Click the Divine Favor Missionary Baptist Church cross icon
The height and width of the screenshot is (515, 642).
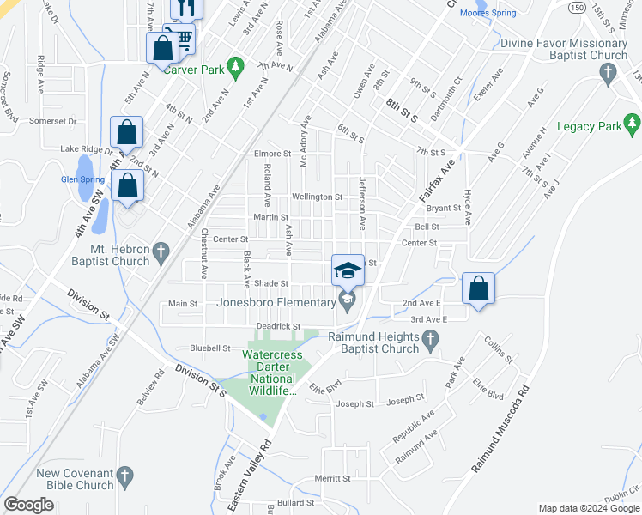click(x=608, y=74)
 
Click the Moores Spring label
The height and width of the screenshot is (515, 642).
click(x=488, y=13)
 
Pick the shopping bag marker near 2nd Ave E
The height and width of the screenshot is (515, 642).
click(x=479, y=288)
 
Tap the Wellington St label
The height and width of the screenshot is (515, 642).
click(x=318, y=197)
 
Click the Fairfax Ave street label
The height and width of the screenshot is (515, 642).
click(x=435, y=187)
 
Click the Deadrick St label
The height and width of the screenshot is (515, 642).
click(x=278, y=326)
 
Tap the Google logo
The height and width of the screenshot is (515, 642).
click(x=29, y=505)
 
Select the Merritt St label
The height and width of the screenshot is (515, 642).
click(x=335, y=478)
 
